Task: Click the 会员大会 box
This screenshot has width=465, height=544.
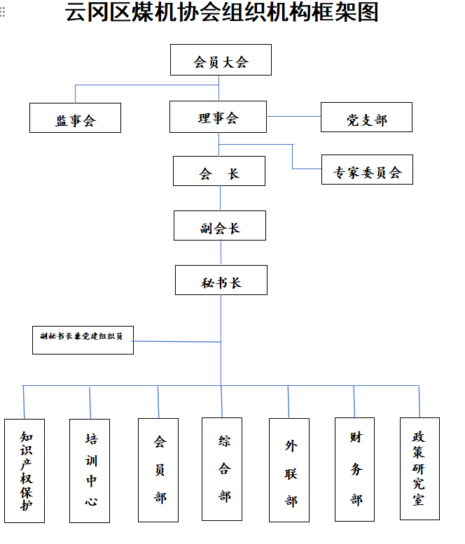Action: tap(221, 60)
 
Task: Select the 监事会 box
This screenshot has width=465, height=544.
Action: tap(75, 118)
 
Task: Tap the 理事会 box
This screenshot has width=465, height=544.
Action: tap(218, 117)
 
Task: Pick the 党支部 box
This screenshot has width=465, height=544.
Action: tap(366, 117)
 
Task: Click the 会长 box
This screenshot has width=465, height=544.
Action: tap(219, 171)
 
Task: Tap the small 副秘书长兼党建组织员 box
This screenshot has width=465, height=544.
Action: tap(83, 339)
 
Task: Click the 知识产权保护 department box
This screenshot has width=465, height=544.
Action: tap(25, 471)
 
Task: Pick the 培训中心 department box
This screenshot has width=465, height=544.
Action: tap(90, 471)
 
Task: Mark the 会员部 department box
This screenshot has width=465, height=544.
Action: tap(158, 470)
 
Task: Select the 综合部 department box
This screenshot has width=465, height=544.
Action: tap(222, 469)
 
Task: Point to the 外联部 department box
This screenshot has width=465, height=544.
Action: tap(289, 470)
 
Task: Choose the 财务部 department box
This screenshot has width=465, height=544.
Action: tap(354, 469)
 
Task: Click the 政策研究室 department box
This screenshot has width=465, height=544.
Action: tap(419, 468)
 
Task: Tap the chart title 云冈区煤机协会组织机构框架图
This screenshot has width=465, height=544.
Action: tap(222, 13)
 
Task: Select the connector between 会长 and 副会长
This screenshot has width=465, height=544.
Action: tap(221, 198)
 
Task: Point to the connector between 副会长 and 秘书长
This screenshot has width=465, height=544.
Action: tap(221, 252)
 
